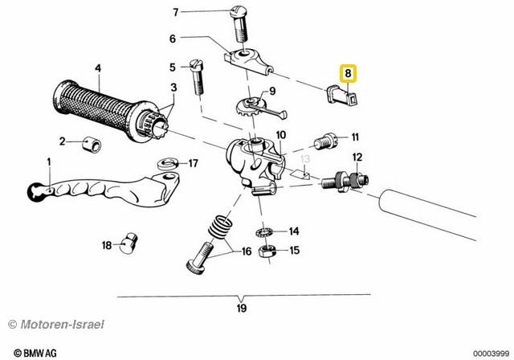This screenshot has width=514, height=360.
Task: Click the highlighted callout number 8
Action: coord(348,73)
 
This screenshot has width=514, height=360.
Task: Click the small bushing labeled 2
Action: coord(92,145)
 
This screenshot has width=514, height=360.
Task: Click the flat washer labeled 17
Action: coord(168,163)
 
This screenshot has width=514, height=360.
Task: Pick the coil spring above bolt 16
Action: coord(221,227)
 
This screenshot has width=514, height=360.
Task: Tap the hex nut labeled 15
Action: coord(268,252)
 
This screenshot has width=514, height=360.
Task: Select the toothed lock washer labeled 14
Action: coord(265,233)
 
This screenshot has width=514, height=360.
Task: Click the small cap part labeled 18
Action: coord(128,243)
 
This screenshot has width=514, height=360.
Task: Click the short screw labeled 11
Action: coord(325,142)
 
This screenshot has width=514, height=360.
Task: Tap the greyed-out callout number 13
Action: coord(305,159)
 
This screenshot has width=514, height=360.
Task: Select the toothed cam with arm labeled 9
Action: coord(261,108)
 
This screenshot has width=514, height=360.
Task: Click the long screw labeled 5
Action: coord(197,77)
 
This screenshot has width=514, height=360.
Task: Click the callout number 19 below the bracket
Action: coord(242,309)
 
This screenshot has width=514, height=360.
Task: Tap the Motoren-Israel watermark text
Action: coord(56,325)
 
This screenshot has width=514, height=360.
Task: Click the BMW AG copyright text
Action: coord(35,353)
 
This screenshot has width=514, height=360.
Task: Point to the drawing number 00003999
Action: coord(491,354)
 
